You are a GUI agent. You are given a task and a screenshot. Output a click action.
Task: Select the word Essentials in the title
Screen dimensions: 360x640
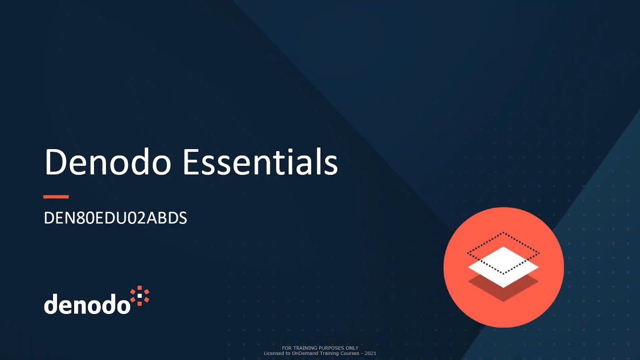tap(260, 162)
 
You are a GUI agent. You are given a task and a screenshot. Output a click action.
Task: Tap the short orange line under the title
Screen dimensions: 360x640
tap(56, 197)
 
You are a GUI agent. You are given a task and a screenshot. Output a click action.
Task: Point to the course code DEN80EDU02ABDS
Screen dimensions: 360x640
tap(115, 218)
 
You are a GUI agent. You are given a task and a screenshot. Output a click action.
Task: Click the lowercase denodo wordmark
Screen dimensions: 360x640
tap(87, 304)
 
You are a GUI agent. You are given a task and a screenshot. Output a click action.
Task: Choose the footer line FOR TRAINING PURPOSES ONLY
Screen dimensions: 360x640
tap(320, 348)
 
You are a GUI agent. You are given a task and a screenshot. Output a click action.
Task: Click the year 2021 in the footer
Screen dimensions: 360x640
tap(370, 353)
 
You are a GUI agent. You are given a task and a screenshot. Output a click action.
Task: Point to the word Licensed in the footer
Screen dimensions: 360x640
tap(273, 353)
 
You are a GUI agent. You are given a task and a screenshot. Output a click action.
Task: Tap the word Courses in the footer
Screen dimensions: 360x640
tap(349, 353)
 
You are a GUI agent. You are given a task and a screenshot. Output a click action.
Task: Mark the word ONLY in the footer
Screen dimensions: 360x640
tap(352, 348)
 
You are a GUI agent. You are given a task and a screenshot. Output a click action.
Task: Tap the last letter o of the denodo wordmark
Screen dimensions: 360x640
tap(122, 305)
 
